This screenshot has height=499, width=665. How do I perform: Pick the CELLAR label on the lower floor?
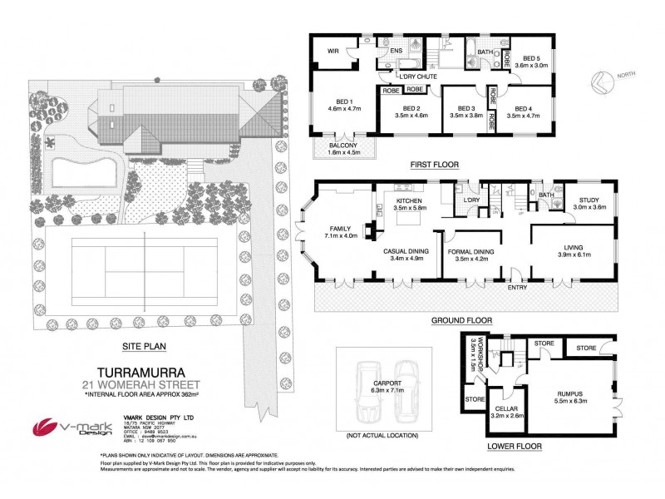tap(506, 410)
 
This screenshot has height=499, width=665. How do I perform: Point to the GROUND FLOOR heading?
tap(461, 320)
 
